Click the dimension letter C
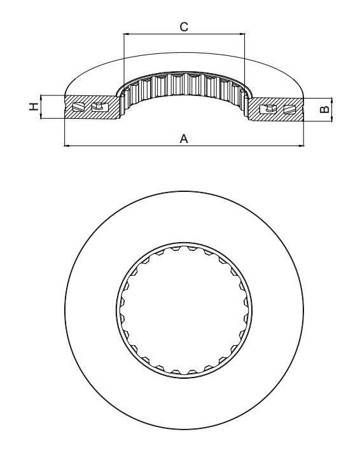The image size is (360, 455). [184, 27]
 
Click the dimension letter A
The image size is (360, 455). [184, 139]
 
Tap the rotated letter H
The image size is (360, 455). [34, 107]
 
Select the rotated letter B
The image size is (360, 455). [324, 109]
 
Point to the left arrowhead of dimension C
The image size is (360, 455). [126, 34]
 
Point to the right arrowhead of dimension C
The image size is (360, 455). [242, 34]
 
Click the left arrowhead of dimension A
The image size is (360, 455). [67, 146]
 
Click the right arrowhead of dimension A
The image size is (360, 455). [301, 146]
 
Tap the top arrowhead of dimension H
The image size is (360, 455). [41, 97]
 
